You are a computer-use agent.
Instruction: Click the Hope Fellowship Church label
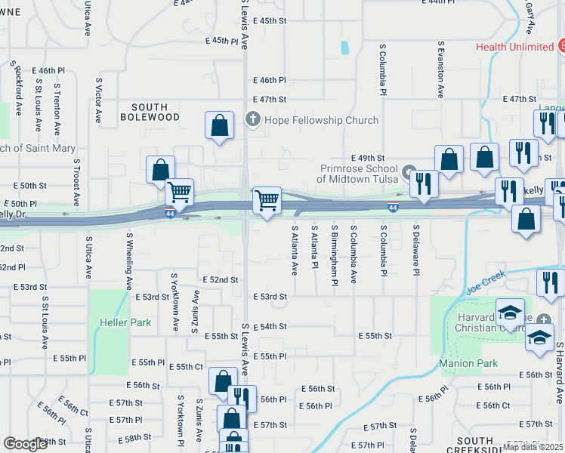(x=321, y=120)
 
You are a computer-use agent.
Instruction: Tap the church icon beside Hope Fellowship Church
(x=254, y=119)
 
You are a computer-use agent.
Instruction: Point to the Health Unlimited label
(x=514, y=47)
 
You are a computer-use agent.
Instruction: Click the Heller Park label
(x=125, y=322)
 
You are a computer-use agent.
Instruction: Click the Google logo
(x=26, y=443)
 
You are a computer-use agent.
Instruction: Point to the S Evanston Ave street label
(x=440, y=69)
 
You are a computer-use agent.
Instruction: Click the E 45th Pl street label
(x=220, y=40)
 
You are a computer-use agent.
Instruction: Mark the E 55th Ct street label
(x=185, y=366)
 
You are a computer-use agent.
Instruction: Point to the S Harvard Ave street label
(x=560, y=373)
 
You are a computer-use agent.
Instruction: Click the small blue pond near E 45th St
(x=345, y=48)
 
